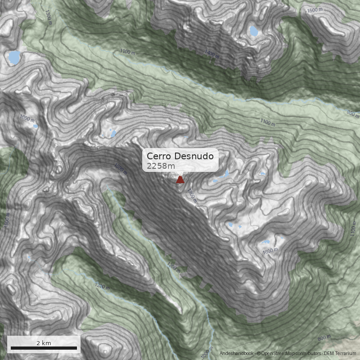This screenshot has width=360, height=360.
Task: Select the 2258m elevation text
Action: [158, 166]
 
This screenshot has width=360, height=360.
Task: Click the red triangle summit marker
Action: [180, 180]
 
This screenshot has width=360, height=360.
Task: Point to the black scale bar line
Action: [44, 348]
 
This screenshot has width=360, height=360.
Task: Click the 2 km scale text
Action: [44, 343]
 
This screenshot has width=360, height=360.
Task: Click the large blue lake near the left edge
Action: [14, 57]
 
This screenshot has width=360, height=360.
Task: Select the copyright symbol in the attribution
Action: [259, 354]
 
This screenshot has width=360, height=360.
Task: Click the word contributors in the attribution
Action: [308, 354]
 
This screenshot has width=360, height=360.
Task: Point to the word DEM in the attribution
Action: [330, 354]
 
